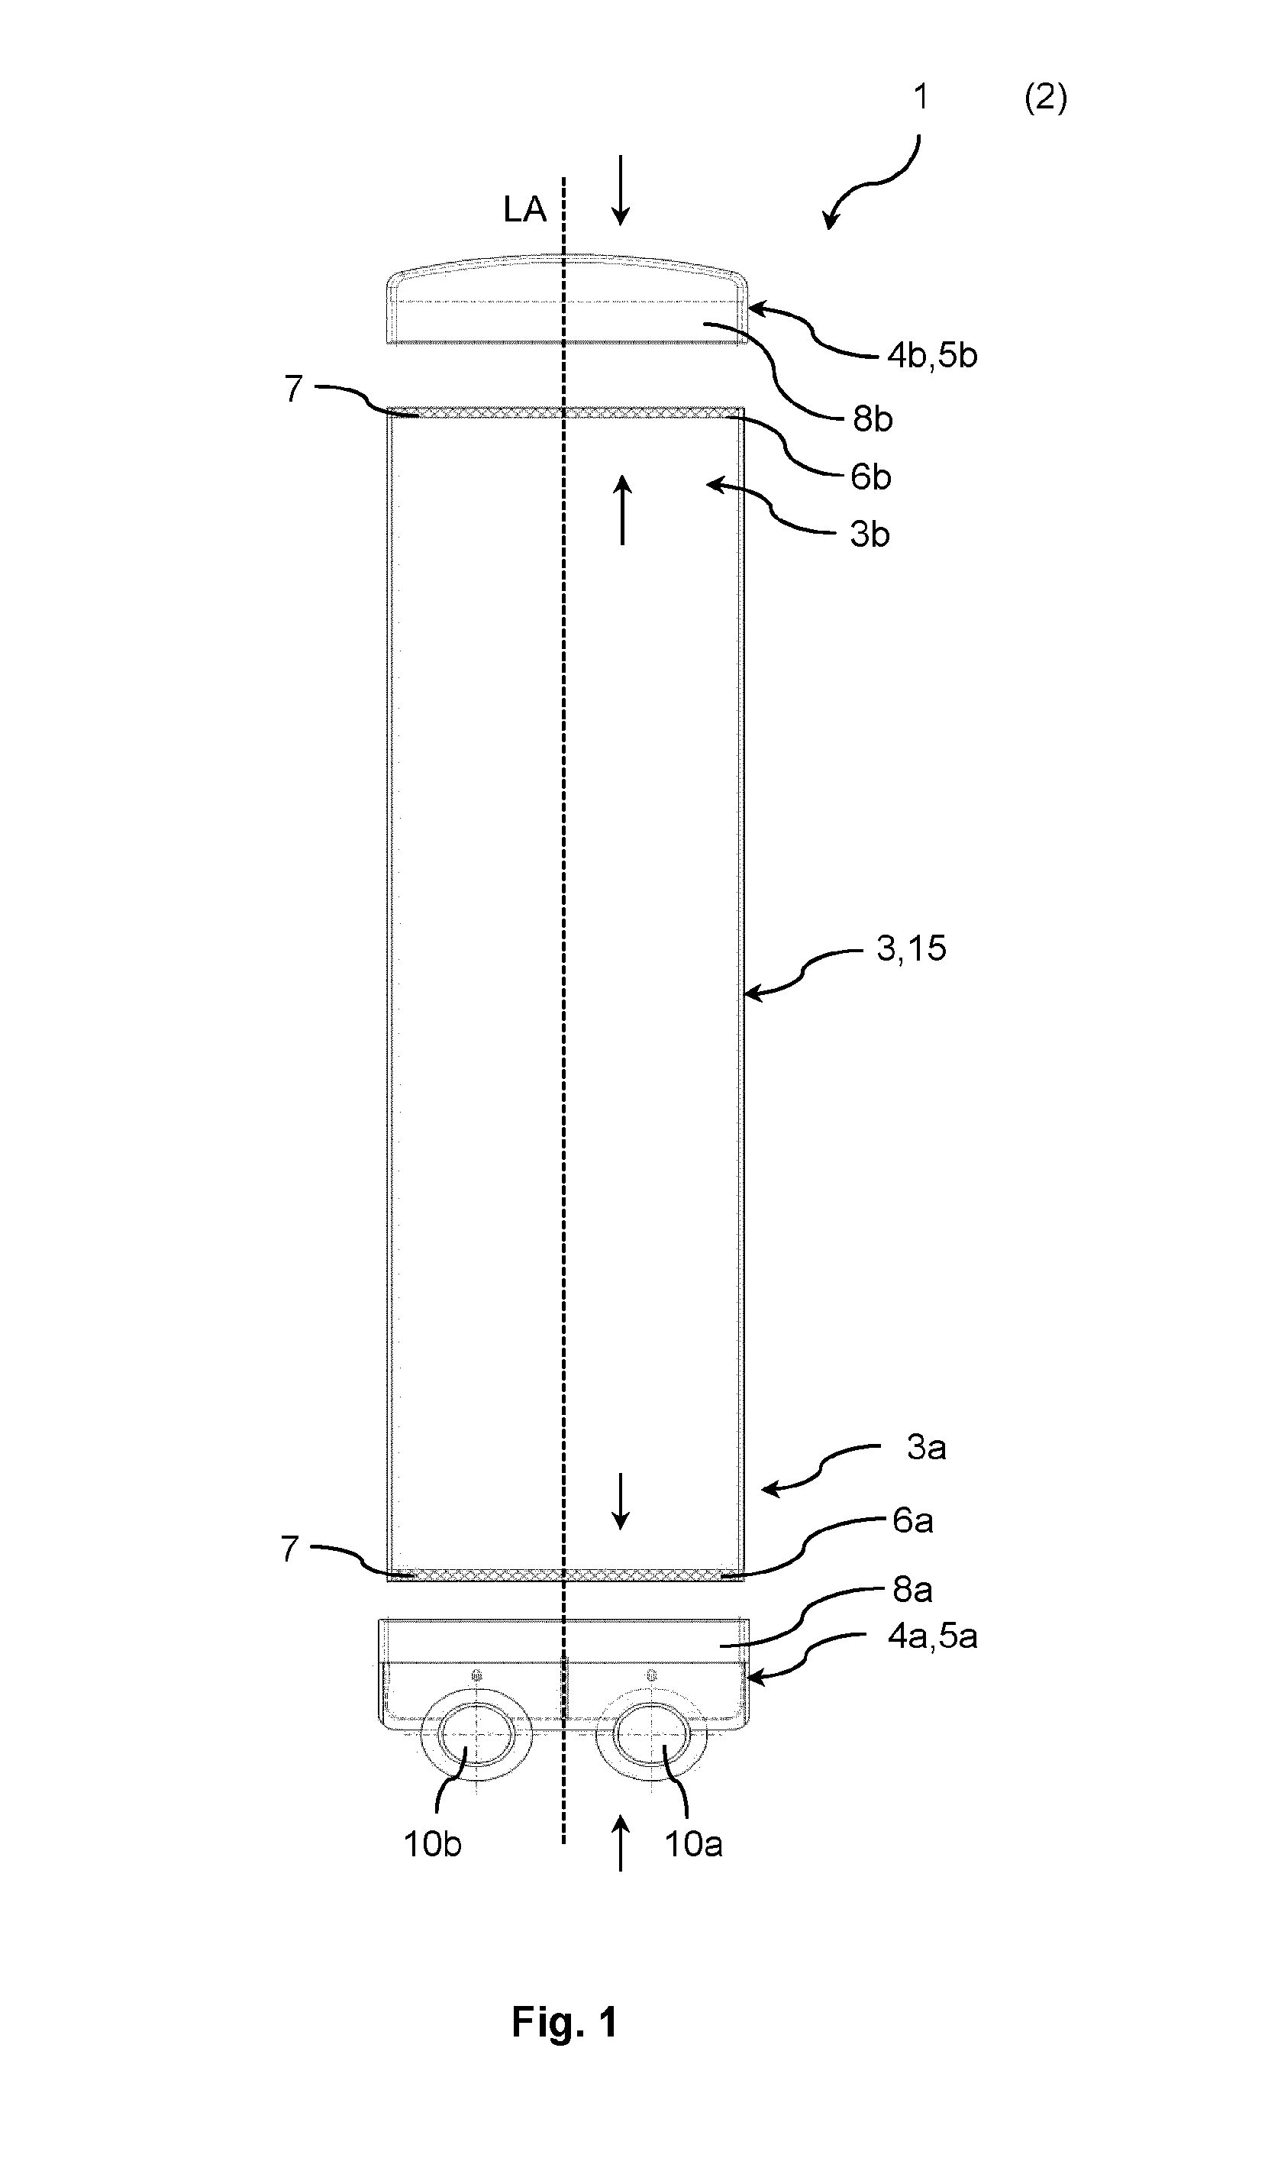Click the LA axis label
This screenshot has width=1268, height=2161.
point(524,209)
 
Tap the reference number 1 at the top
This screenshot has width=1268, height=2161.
point(921,97)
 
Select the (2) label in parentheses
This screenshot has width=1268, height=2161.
point(1046,98)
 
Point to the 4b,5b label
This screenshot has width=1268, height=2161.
point(932,355)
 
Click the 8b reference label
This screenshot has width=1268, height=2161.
point(873,418)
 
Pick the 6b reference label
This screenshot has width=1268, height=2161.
point(871,476)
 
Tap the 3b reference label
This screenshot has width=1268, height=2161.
point(870,535)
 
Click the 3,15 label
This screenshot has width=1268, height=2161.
point(911,948)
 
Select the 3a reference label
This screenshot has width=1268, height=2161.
point(927,1448)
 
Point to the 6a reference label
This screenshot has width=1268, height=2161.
point(913,1520)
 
